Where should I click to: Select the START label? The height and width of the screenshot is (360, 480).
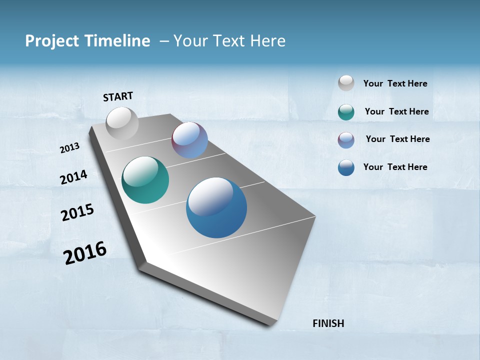pyautogui.click(x=118, y=96)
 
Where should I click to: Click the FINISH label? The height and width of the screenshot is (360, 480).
pyautogui.click(x=328, y=323)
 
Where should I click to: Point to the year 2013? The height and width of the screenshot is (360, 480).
pyautogui.click(x=70, y=148)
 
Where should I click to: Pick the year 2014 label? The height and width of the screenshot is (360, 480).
pyautogui.click(x=74, y=177)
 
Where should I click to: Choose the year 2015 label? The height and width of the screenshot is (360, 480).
pyautogui.click(x=77, y=212)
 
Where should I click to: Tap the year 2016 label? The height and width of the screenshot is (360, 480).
pyautogui.click(x=85, y=253)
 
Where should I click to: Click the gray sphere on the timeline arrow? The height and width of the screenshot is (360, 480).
pyautogui.click(x=122, y=123)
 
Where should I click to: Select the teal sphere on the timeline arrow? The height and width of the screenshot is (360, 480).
pyautogui.click(x=145, y=180)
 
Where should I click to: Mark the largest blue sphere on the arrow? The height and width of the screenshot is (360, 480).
pyautogui.click(x=216, y=207)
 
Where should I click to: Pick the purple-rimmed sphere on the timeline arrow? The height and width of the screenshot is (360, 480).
pyautogui.click(x=190, y=140)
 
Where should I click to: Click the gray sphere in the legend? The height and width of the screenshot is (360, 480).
pyautogui.click(x=346, y=83)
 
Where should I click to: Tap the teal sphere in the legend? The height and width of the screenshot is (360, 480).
pyautogui.click(x=346, y=112)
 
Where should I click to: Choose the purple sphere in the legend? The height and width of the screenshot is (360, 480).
pyautogui.click(x=346, y=140)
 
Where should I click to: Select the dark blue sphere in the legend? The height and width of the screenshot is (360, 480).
pyautogui.click(x=346, y=167)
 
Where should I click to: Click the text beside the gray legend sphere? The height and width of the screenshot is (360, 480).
pyautogui.click(x=395, y=83)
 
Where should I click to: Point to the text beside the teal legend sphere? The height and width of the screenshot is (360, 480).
pyautogui.click(x=396, y=111)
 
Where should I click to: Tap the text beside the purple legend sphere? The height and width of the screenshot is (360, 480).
pyautogui.click(x=397, y=139)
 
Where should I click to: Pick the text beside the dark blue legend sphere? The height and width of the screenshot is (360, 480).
pyautogui.click(x=395, y=167)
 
